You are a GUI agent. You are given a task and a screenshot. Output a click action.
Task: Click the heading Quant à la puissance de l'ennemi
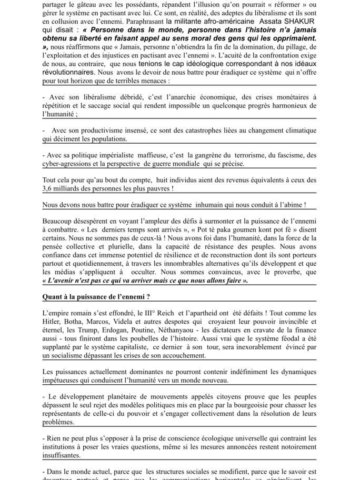point(96,297)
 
